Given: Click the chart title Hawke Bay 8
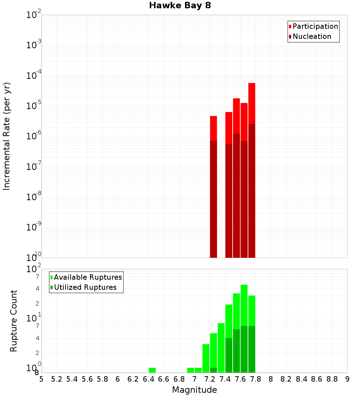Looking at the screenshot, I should [x=180, y=6].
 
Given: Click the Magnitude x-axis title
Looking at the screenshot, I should [x=194, y=390].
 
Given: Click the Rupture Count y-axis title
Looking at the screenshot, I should [x=14, y=321].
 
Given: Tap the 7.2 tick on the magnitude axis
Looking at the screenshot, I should [x=210, y=379].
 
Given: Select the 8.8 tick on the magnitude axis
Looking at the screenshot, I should [x=332, y=379].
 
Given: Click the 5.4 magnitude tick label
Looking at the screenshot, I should [x=72, y=379].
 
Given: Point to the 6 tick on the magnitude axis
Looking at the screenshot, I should [x=118, y=379].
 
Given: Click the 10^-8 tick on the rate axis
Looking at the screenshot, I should [x=34, y=197].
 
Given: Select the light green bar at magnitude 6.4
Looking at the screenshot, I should [x=152, y=370].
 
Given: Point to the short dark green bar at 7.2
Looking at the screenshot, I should [x=213, y=370].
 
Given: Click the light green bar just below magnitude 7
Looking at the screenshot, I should [x=191, y=370].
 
